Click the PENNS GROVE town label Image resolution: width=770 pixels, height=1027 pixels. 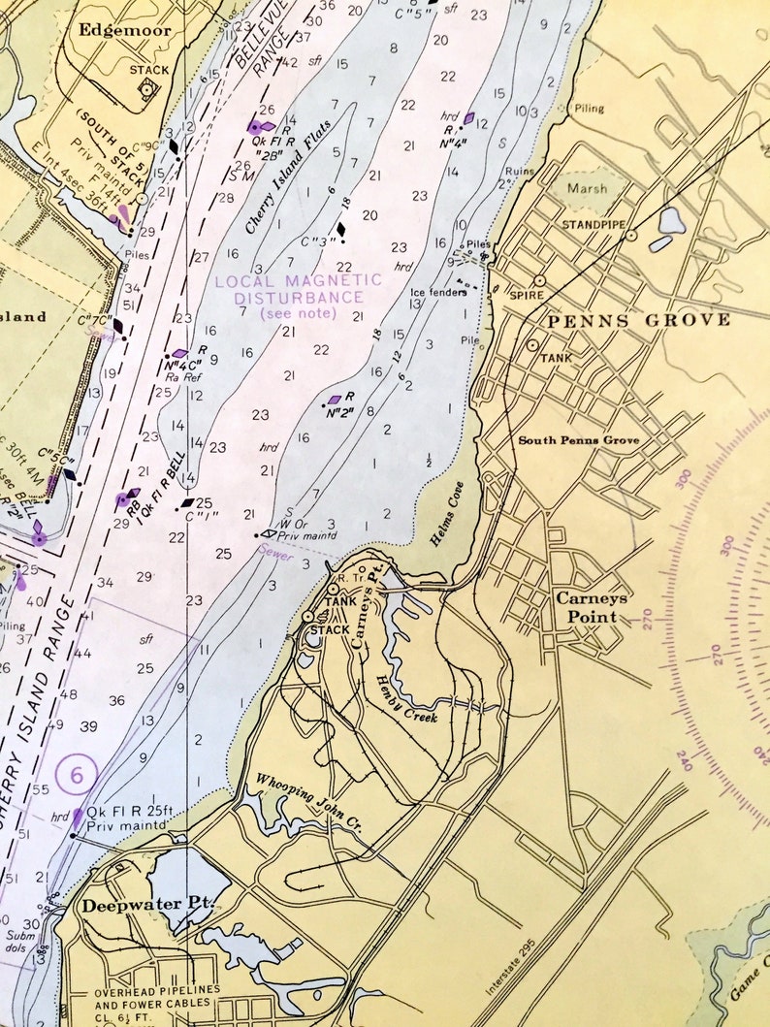click(639, 320)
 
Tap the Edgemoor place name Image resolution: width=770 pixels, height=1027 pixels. click(126, 30)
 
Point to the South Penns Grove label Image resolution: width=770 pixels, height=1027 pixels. click(578, 440)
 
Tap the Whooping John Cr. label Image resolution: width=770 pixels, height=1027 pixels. click(308, 802)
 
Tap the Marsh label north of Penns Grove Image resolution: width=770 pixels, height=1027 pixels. click(588, 188)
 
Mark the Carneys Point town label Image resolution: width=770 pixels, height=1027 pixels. click(592, 607)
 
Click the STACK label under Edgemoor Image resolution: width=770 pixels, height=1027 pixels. click(148, 70)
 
